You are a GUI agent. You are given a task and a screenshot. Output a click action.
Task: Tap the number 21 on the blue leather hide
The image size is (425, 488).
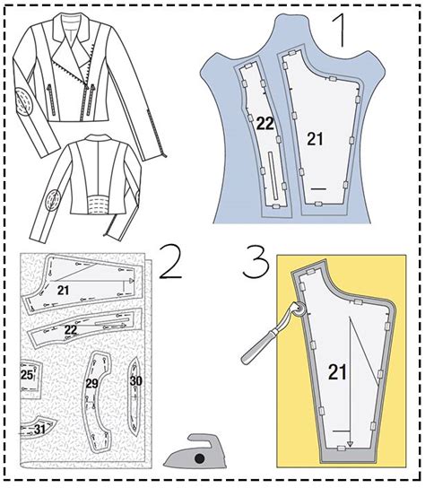(x=314, y=137)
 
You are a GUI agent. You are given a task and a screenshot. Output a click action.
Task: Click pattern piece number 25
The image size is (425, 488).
(x=28, y=374)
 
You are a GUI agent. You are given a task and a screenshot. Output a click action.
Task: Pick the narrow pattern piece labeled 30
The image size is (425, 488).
(x=135, y=380)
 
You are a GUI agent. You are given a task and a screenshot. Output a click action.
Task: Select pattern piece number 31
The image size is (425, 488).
(x=40, y=430)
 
